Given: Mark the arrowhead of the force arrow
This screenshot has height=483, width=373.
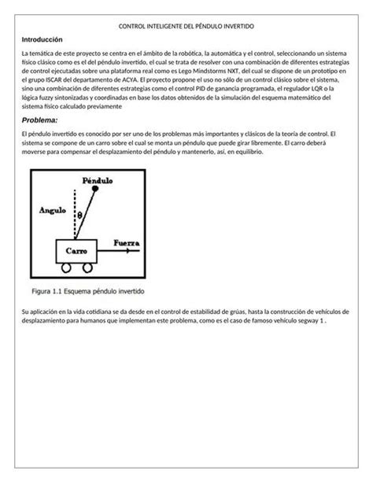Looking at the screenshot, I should coord(138,253).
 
